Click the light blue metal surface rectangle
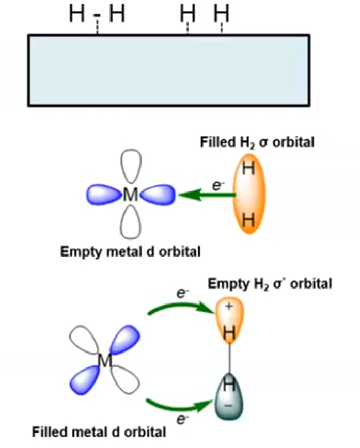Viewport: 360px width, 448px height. tap(169, 70)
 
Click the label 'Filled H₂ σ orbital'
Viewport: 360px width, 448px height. tap(257, 142)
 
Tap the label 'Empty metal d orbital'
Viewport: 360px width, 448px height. tap(130, 252)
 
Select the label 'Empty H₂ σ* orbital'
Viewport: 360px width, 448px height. tap(270, 283)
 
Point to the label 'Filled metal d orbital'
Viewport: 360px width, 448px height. tap(99, 431)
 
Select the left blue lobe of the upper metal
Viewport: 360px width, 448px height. tap(104, 195)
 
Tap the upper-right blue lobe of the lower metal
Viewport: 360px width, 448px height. tap(124, 340)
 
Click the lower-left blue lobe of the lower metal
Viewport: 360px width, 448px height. tap(85, 381)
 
